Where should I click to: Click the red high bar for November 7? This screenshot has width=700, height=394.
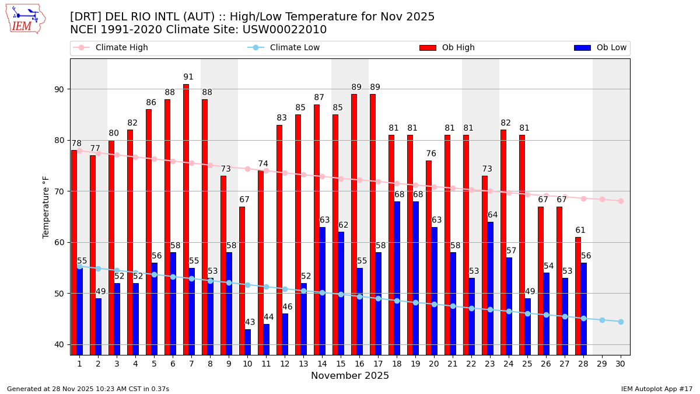186,219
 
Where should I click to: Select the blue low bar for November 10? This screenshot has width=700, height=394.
248,342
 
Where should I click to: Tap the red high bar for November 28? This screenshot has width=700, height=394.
578,296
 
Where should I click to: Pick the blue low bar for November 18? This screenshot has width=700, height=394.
397,278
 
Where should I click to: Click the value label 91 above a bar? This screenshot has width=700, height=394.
188,77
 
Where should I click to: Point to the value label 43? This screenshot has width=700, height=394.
250,322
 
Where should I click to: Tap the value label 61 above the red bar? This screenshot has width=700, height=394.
580,231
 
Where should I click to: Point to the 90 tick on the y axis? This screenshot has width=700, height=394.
60,89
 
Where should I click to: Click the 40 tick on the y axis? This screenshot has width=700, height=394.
60,344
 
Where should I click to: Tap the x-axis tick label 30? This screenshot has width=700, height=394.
621,364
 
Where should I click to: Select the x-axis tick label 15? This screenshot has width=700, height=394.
341,364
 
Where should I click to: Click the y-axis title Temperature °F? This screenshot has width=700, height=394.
47,207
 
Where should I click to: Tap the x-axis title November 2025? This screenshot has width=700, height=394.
350,376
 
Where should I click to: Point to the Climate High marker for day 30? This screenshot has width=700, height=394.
621,201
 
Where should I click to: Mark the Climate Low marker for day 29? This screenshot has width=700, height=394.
602,320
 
